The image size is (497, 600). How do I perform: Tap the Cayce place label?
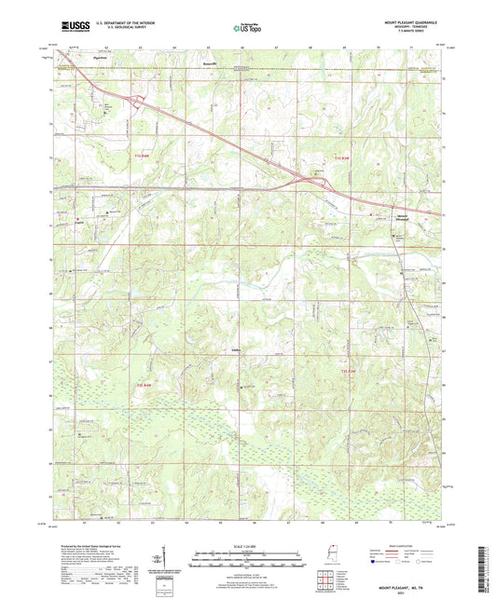click(x=78, y=221)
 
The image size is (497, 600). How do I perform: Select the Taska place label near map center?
click(x=236, y=350)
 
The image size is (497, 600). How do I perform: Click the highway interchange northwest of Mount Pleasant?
click(x=314, y=183)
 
